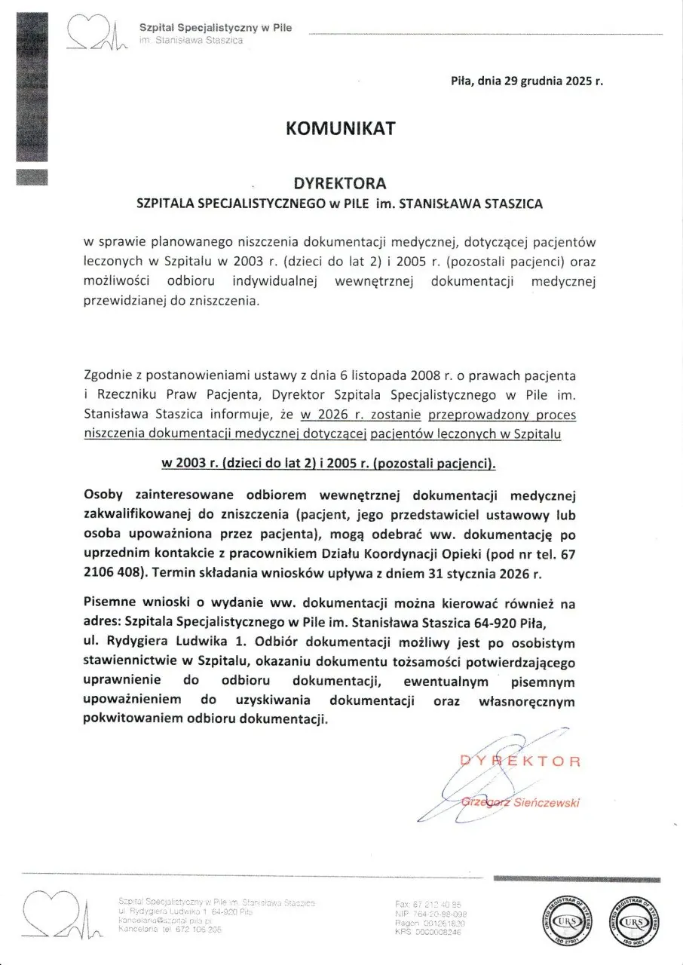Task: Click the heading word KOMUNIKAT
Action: (x=341, y=128)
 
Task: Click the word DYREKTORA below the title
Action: (x=340, y=184)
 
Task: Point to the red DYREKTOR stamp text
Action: (x=520, y=761)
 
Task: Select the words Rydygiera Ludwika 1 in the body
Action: (x=170, y=643)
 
